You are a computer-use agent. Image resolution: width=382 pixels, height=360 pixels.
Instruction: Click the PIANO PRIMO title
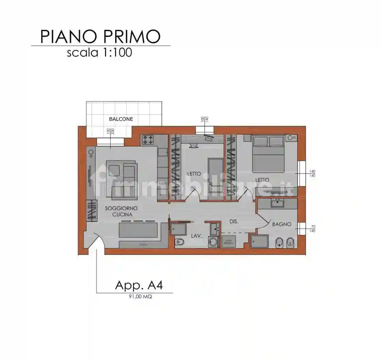(x=100, y=36)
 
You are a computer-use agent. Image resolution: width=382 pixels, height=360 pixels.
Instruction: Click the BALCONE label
(x=121, y=119)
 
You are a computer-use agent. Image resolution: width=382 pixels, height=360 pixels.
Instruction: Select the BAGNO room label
(x=282, y=224)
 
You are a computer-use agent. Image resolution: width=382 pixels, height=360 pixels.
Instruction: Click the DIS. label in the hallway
(x=234, y=221)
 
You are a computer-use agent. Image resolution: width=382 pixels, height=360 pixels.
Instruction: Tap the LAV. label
(x=197, y=236)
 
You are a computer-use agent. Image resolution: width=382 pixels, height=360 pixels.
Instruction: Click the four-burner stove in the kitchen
(x=149, y=140)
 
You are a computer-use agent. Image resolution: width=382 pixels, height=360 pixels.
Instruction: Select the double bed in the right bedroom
(x=269, y=154)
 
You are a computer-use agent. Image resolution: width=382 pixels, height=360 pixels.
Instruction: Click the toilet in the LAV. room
(x=180, y=242)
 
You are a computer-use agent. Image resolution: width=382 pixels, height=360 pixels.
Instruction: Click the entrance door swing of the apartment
(x=97, y=241)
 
